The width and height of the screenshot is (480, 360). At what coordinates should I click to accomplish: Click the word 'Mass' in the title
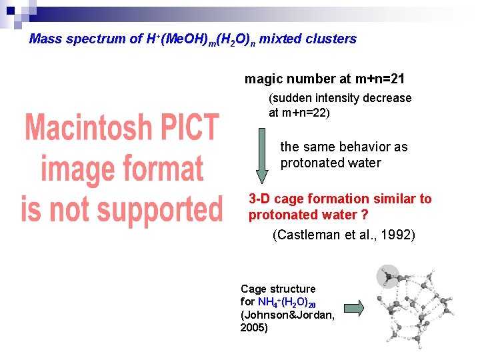45,39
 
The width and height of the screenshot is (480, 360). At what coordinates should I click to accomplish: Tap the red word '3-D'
259,199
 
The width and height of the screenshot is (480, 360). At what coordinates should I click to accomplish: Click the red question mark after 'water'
365,215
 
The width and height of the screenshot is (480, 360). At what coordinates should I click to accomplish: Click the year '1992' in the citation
397,235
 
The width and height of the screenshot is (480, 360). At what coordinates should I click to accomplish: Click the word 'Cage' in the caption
253,289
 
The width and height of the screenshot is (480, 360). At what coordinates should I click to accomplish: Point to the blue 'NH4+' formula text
271,302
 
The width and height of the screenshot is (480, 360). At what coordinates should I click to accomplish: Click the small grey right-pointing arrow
355,307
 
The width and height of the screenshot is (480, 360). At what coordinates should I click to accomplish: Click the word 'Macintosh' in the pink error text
121,127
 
